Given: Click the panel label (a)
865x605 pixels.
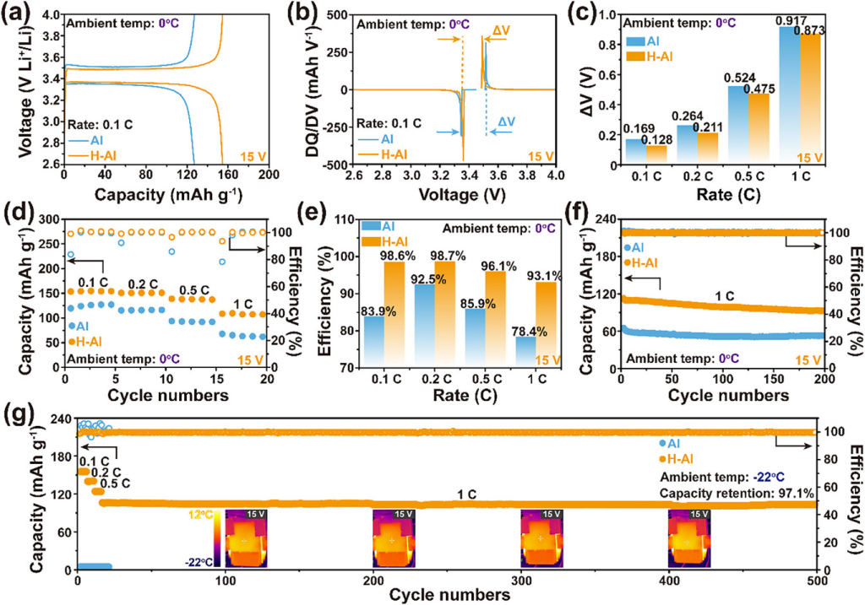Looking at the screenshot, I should tap(19, 14).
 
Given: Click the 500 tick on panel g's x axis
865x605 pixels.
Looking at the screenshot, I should tap(815, 581).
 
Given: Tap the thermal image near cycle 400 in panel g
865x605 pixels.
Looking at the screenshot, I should tap(688, 537).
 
